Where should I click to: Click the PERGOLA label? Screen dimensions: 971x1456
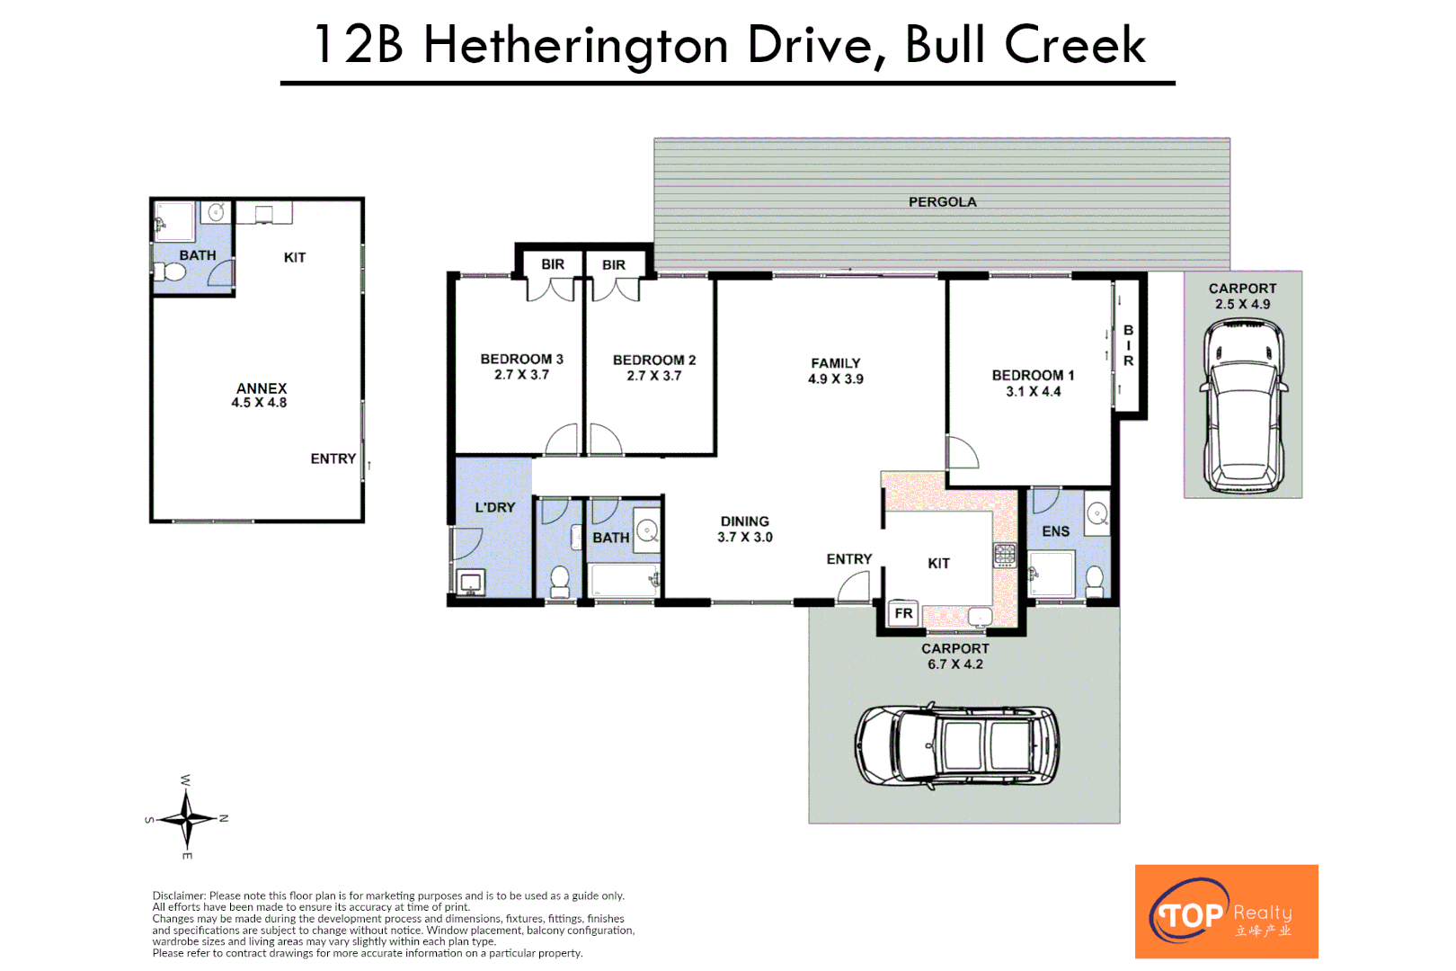942,202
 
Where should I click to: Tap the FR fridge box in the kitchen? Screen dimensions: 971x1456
903,613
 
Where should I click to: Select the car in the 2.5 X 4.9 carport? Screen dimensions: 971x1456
1243,406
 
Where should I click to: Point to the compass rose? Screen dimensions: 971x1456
187,818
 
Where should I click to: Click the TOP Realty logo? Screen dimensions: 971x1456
1226,911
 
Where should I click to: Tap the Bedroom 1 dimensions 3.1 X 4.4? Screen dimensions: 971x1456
1033,392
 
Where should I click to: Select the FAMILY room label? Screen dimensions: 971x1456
835,363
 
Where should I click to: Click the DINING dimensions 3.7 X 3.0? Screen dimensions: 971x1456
744,538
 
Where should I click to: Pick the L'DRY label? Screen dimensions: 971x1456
494,508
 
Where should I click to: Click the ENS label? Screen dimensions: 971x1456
1055,531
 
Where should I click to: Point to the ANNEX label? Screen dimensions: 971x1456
261,388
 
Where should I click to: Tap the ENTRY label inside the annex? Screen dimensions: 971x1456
333,459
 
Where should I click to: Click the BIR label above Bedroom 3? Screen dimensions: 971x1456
553,264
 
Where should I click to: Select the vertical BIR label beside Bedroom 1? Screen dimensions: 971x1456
1128,345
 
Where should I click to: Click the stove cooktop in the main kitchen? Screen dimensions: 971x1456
1004,555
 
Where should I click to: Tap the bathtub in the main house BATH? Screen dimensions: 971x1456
622,580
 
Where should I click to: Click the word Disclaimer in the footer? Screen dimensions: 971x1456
179,895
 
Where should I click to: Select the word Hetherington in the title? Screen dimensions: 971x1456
575,45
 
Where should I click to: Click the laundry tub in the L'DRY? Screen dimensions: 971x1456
470,583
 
